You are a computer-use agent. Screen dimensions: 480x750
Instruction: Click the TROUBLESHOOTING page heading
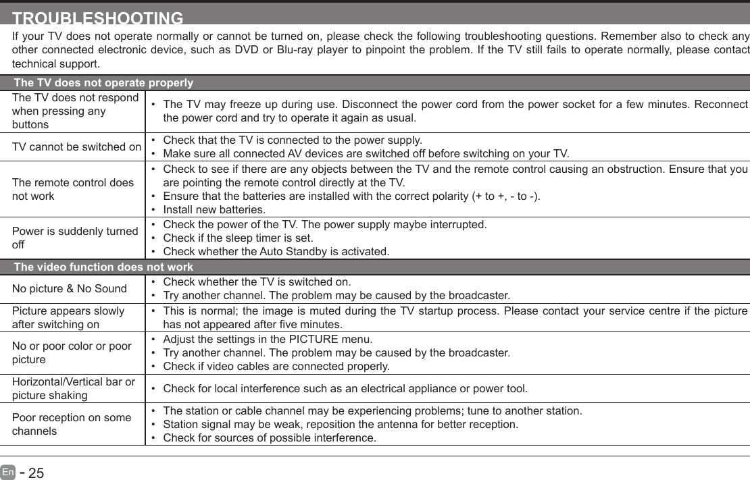click(98, 18)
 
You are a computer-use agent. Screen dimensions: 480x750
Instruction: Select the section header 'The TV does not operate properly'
click(103, 83)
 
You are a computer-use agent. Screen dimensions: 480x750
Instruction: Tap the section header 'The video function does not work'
click(103, 267)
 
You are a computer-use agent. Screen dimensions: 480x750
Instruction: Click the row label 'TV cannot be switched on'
click(76, 147)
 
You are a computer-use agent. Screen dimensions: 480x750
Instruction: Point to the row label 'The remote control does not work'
click(73, 189)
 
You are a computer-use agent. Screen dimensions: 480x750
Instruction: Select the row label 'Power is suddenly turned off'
click(74, 238)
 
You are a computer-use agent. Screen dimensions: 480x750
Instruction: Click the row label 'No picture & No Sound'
click(69, 289)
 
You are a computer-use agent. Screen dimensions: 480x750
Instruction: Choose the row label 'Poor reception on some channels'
click(72, 424)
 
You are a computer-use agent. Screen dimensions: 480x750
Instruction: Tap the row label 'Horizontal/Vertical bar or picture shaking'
click(73, 388)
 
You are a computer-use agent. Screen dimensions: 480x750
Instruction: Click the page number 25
click(36, 473)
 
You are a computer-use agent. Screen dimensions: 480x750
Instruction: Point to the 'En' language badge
click(8, 472)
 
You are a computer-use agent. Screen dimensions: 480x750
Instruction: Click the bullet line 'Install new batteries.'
click(214, 210)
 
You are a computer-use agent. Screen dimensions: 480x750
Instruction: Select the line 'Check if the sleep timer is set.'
click(238, 238)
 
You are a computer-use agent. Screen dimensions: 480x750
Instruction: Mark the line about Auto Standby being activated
click(276, 252)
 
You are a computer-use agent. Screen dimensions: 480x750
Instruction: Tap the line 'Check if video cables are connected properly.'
click(276, 367)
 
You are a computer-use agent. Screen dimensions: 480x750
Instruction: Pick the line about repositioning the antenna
click(341, 425)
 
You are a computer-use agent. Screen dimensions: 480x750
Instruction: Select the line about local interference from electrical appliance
click(345, 389)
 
